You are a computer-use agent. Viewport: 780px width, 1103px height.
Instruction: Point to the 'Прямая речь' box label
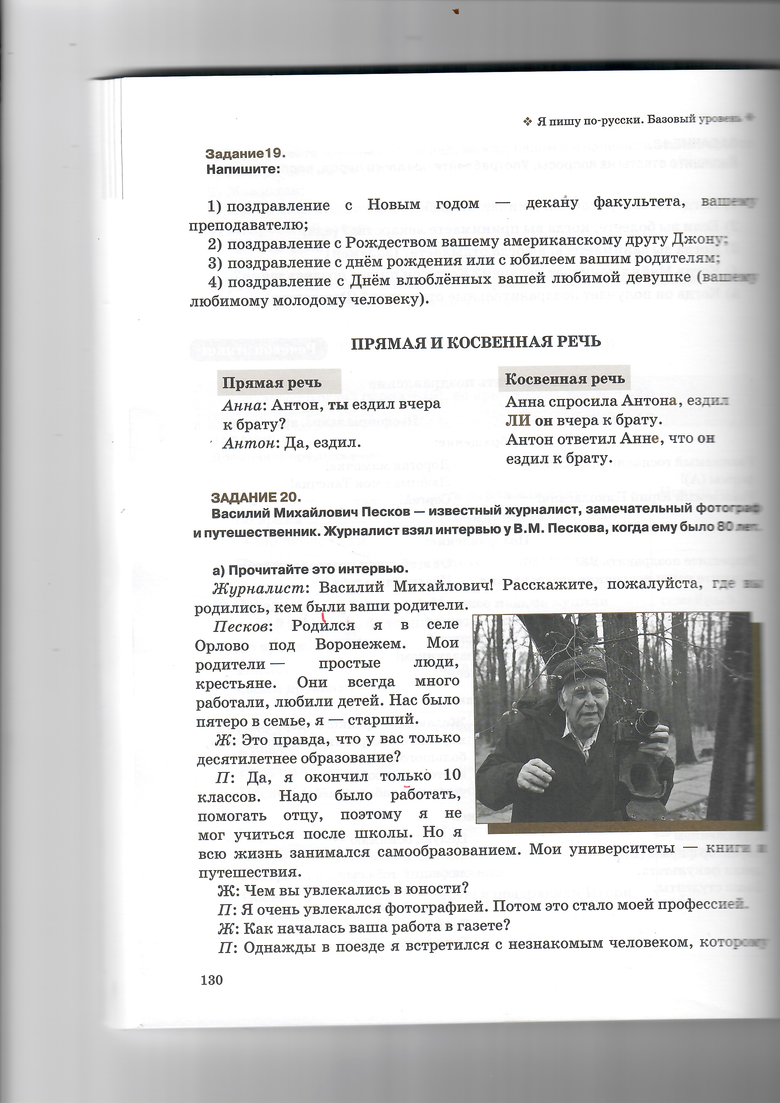click(x=272, y=383)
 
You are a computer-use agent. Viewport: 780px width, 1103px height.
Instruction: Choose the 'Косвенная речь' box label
click(x=565, y=379)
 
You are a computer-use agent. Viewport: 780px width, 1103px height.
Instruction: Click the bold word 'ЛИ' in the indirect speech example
click(x=518, y=421)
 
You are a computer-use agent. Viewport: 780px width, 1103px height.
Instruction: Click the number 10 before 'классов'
click(x=453, y=774)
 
